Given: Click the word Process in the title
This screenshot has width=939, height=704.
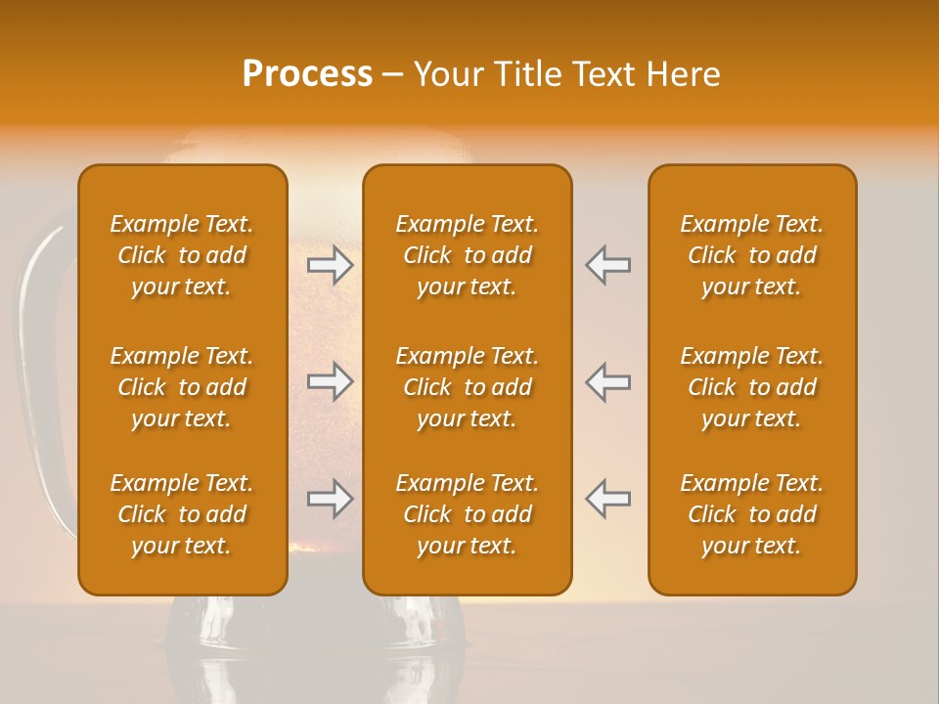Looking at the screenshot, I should (307, 74).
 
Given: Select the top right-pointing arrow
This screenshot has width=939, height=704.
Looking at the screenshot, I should (330, 265).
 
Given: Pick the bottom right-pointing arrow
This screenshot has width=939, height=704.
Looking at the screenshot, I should (330, 499).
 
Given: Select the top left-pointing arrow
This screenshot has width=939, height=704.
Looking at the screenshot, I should (608, 265).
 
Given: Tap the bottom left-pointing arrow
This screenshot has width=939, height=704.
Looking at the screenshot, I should (608, 499).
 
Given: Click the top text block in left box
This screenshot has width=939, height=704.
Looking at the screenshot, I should (182, 255).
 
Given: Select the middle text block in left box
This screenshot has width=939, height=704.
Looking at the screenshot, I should (182, 387).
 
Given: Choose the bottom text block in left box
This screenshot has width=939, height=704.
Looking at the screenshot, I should (182, 514).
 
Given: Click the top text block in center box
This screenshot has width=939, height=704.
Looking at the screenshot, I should (468, 255).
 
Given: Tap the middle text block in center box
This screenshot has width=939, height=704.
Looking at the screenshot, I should (468, 387).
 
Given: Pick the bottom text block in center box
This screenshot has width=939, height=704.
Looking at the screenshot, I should (468, 514).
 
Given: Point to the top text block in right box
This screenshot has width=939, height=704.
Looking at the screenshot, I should (752, 255).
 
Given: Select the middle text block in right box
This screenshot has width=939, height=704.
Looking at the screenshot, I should (752, 387).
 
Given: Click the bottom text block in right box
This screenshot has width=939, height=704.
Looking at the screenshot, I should (752, 514).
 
